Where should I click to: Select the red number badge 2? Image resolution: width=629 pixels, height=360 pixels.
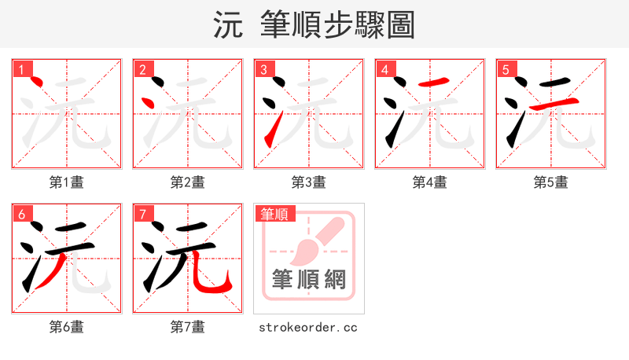[x=142, y=69]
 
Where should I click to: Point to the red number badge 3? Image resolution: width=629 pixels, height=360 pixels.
[x=263, y=69]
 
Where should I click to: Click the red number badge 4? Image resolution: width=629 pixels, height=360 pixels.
[x=384, y=69]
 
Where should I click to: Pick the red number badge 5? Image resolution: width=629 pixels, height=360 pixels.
[x=506, y=69]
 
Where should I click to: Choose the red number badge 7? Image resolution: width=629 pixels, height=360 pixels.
[x=142, y=214]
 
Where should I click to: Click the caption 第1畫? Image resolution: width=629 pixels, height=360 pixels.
[x=67, y=182]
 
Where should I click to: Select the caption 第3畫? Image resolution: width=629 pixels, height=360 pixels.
[x=309, y=182]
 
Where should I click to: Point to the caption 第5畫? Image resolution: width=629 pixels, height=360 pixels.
[x=551, y=182]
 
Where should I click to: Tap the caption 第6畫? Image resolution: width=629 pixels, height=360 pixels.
[x=67, y=327]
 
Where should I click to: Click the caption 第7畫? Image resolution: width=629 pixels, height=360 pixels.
[x=188, y=327]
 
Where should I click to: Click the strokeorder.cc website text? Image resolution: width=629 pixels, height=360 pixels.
[x=308, y=327]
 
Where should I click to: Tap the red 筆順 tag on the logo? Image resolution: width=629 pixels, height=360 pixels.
[x=274, y=214]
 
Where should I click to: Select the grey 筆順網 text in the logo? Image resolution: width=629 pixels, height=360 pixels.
[x=308, y=279]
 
